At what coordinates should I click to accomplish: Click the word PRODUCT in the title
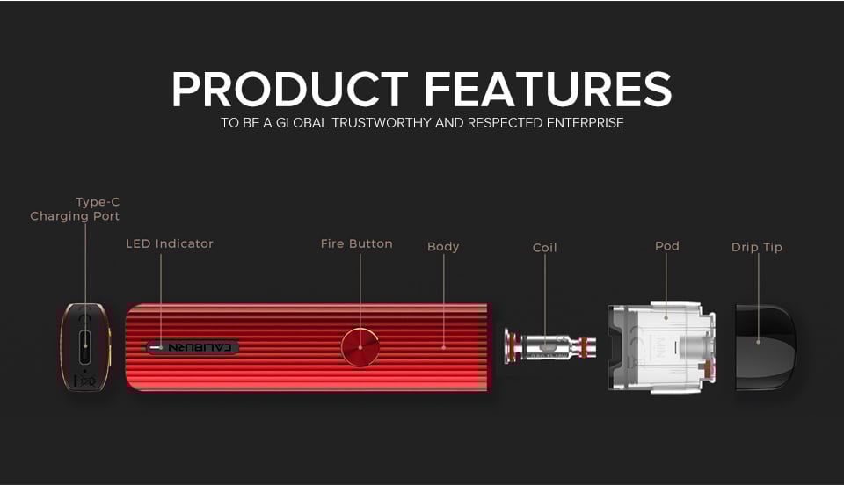290,90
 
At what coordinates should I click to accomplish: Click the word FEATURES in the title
548,90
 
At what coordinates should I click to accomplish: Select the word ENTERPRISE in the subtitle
586,123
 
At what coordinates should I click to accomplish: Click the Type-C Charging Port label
75,209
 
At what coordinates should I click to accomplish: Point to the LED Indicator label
170,243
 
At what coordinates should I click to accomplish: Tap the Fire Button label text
356,243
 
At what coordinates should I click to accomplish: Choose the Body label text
443,247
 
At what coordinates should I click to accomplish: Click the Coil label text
545,248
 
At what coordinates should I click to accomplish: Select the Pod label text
667,245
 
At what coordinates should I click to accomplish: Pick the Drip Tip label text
757,248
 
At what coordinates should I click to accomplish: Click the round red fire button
360,346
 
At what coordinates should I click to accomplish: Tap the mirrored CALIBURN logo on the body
200,347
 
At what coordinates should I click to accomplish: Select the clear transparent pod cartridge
662,347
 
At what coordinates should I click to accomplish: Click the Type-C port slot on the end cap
85,347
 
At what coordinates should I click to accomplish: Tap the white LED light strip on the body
156,348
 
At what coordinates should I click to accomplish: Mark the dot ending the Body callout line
443,347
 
